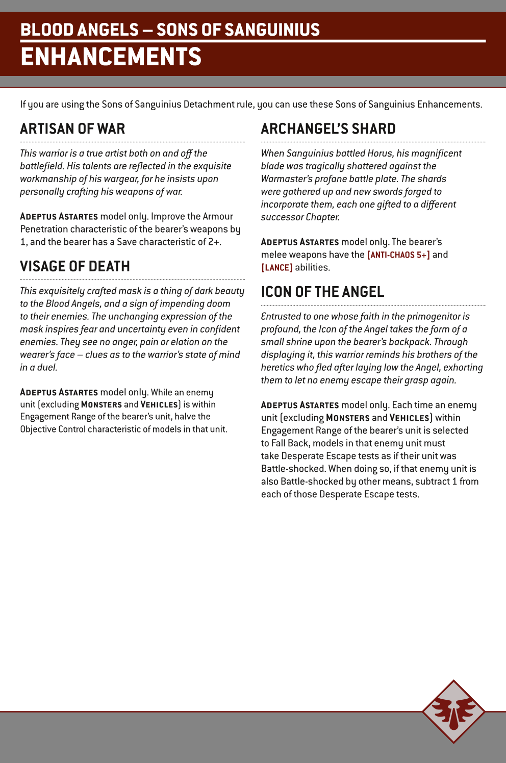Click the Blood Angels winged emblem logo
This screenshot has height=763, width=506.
(453, 711)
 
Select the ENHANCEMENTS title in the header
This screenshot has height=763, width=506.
(111, 57)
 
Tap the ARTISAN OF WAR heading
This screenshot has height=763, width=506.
(72, 129)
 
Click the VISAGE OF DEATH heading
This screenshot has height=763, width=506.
(75, 266)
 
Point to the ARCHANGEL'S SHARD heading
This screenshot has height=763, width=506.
(328, 129)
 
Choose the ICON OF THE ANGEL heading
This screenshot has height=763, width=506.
(322, 292)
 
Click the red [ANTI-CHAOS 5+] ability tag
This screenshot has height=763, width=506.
(398, 255)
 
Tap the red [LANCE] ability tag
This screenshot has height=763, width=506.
(276, 267)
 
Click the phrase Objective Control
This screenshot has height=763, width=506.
(53, 429)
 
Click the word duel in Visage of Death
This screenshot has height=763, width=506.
(46, 367)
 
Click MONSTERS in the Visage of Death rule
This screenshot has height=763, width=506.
(101, 404)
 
